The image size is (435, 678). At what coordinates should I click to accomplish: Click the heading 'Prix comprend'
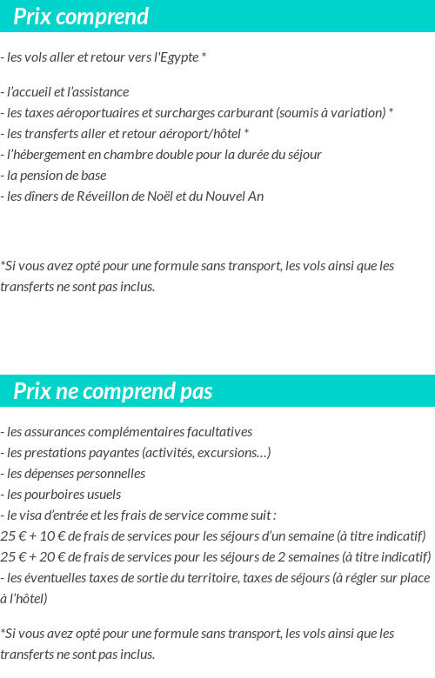(x=81, y=17)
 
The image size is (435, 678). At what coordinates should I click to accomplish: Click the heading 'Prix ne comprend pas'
(x=113, y=391)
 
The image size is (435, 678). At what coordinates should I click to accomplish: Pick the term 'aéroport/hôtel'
(x=202, y=134)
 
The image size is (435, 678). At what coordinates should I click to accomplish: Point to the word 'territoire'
(x=249, y=578)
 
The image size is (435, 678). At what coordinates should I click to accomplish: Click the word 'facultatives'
(x=218, y=432)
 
